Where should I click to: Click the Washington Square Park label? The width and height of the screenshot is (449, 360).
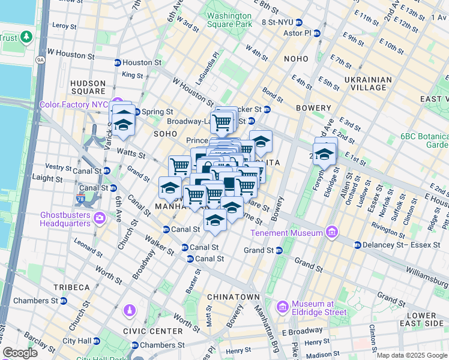coord(229,20)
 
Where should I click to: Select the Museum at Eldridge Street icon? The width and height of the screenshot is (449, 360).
coord(283,307)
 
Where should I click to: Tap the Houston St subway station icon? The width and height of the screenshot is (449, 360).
coord(118,62)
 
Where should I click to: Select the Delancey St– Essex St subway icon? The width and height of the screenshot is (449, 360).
coord(358,245)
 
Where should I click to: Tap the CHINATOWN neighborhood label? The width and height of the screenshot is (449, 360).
coord(234,297)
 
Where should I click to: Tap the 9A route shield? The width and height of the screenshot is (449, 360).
coord(40,59)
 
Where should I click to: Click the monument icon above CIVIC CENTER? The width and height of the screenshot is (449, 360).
coord(129,310)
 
